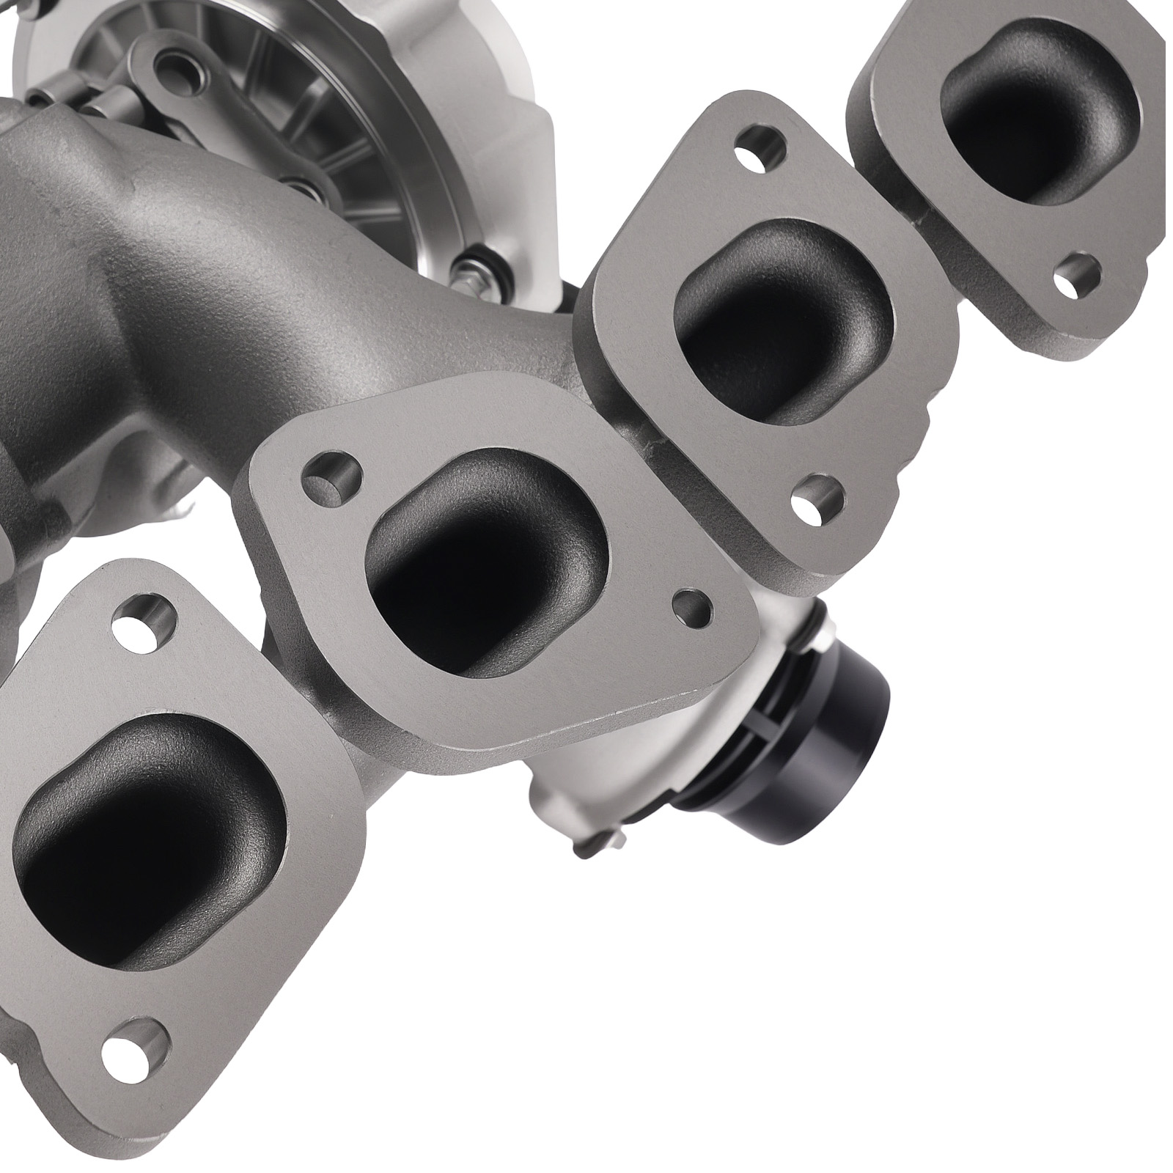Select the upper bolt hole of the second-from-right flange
755,144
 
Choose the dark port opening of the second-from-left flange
477,557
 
